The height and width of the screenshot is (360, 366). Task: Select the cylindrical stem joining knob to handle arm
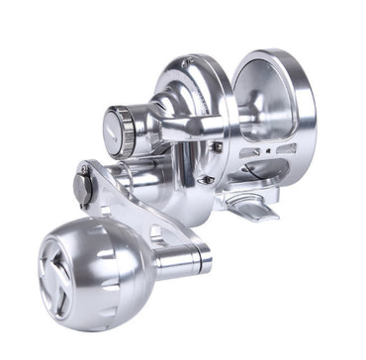point(182,258)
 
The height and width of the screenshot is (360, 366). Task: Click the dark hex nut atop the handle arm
point(82,184)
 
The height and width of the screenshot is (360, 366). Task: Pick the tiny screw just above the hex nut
point(85,170)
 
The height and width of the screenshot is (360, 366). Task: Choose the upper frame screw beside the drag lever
point(216,147)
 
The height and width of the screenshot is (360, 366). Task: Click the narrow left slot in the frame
point(249,153)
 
